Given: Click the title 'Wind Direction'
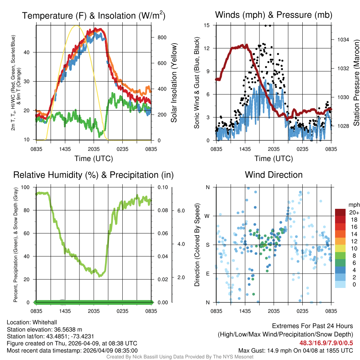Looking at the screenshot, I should click(274, 175).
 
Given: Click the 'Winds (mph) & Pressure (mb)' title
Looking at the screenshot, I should click(274, 15).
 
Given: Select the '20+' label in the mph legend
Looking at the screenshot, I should click(353, 212).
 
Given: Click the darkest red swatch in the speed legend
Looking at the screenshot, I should click(340, 212).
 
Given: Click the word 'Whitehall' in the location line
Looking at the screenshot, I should click(44, 322).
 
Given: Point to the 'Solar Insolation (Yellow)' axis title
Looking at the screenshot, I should click(174, 83).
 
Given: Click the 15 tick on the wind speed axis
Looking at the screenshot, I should click(207, 25).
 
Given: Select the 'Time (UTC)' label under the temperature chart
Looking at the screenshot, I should click(94, 159).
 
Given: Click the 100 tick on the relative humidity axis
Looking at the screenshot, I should click(30, 187).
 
